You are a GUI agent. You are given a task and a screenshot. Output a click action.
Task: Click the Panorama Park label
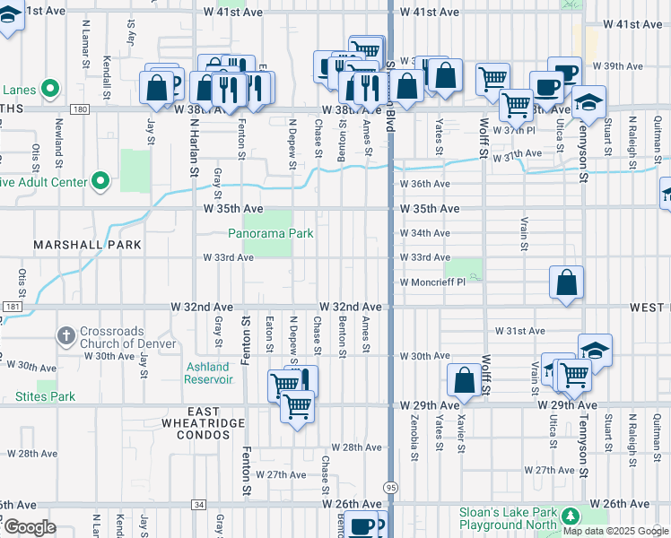pyautogui.click(x=269, y=233)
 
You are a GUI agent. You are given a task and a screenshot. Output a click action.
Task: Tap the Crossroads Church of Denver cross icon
pyautogui.click(x=65, y=337)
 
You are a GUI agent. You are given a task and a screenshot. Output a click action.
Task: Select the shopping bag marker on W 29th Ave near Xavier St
pyautogui.click(x=465, y=379)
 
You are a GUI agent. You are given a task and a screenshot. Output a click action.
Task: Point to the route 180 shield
pyautogui.click(x=82, y=109)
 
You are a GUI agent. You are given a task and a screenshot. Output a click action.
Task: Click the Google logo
pyautogui.click(x=30, y=527)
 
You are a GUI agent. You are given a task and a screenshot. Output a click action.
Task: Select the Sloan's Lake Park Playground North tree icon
pyautogui.click(x=567, y=515)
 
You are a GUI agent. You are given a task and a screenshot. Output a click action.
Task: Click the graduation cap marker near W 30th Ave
pyautogui.click(x=596, y=350)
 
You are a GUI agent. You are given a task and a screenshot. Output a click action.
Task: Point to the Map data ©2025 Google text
pyautogui.click(x=614, y=531)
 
